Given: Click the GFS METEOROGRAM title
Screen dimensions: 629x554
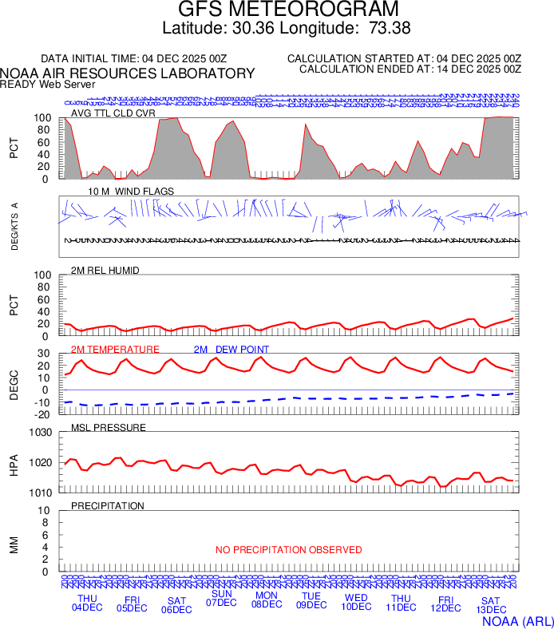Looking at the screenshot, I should point(288,10).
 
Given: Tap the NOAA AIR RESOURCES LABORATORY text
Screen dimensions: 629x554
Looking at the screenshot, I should point(128,73).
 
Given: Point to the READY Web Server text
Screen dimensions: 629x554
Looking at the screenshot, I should point(47,84).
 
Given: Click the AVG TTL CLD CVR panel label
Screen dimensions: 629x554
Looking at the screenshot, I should point(113,113).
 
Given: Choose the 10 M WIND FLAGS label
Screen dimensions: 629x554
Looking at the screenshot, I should point(130,192).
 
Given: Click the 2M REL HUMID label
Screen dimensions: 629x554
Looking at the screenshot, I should point(105,271).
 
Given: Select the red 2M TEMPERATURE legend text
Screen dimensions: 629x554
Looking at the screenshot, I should point(115,350).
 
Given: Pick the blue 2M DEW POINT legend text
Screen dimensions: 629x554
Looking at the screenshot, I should point(231,350).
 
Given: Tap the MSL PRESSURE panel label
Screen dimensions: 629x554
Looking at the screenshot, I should point(109,428).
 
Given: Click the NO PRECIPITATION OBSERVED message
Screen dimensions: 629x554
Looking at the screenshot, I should point(289,550).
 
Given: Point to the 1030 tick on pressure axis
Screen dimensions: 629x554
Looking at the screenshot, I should point(42,433).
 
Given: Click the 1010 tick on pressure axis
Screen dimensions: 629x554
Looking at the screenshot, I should point(42,493).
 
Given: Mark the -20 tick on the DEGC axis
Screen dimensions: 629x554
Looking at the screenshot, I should point(44,413).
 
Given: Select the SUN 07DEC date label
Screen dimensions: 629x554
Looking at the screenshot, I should point(221,598).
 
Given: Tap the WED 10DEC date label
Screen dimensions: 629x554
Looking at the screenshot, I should point(356,602).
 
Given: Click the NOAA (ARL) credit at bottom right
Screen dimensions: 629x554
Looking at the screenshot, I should point(517,619).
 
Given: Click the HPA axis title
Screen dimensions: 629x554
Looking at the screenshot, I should point(14,463).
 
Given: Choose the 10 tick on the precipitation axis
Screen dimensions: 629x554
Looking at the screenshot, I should point(46,511).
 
